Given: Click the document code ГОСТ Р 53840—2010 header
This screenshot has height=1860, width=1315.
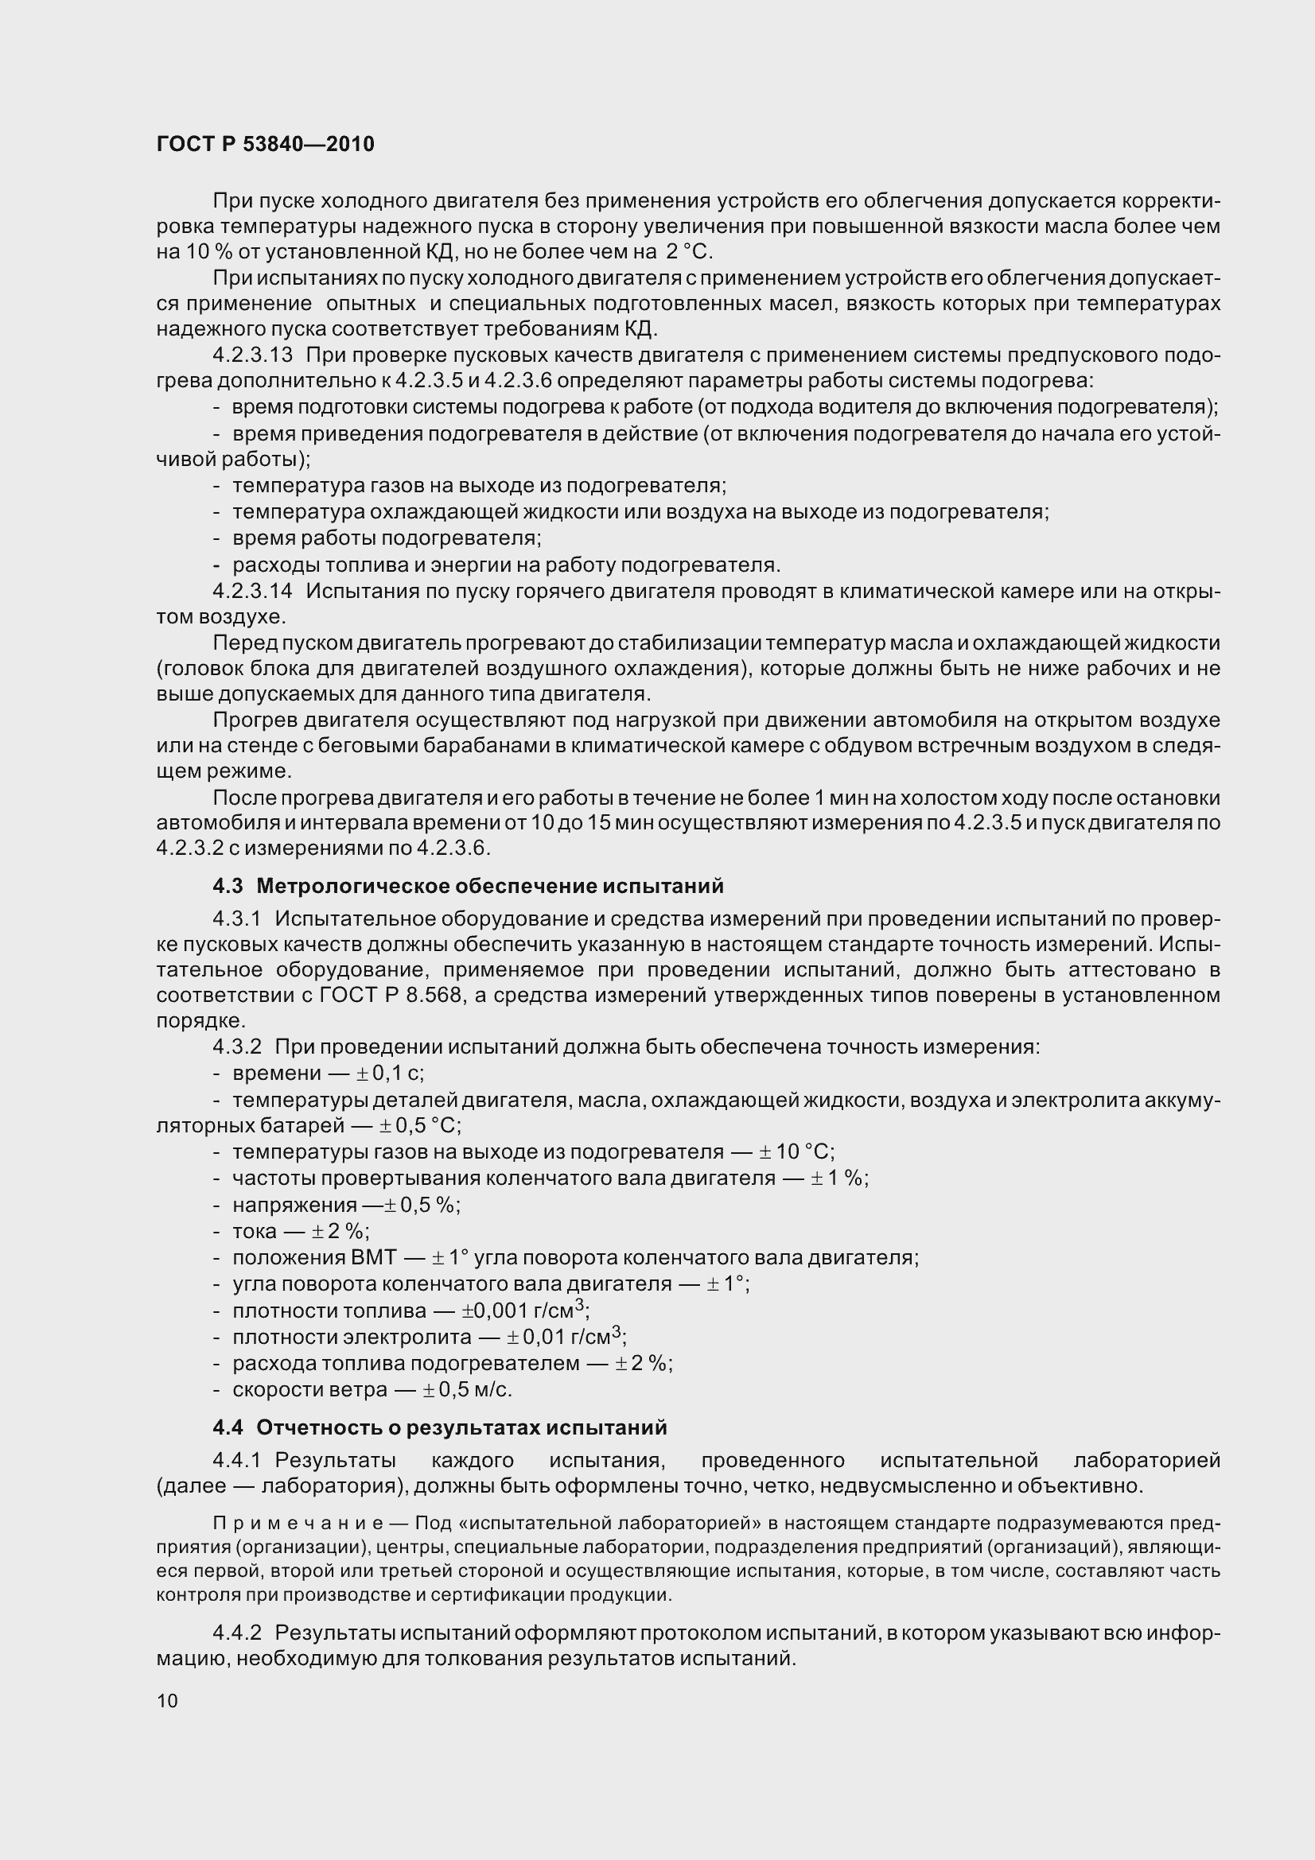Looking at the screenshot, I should [x=265, y=144].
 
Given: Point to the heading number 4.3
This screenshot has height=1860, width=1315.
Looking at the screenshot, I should [x=228, y=886].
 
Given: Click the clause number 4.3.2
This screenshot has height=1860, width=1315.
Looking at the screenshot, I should [x=237, y=1046].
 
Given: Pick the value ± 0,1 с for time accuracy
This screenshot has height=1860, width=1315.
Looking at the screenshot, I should [x=390, y=1074].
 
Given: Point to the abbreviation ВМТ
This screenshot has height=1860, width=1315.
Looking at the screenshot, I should [x=374, y=1257].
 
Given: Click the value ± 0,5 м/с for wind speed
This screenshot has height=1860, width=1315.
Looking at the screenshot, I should [x=468, y=1389].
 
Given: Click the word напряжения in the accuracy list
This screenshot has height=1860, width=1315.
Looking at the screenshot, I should [x=294, y=1205].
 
